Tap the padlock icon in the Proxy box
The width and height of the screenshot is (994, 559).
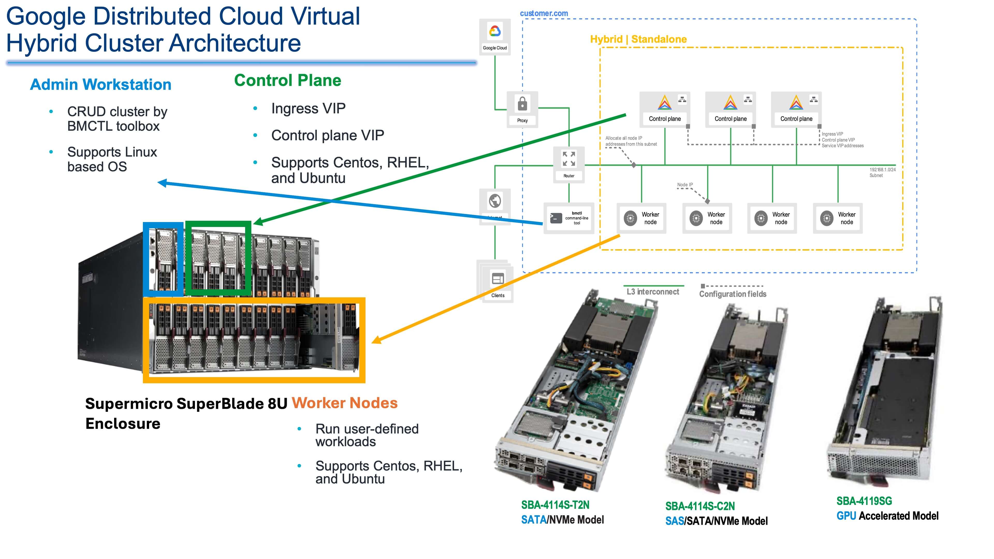point(522,104)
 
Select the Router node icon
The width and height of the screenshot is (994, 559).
point(569,159)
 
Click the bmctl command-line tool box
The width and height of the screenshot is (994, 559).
point(569,218)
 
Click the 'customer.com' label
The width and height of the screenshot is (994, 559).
point(544,13)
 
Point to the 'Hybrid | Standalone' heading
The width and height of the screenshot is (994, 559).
point(638,39)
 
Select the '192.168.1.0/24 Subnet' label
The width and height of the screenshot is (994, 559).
point(882,172)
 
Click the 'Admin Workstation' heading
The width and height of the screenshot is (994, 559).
point(101,84)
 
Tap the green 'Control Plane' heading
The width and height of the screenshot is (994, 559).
point(288,80)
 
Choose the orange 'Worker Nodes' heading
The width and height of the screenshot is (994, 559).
point(344,403)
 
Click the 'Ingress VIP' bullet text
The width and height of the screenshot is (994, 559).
point(308,108)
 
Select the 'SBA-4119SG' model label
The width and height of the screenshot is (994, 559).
point(864,501)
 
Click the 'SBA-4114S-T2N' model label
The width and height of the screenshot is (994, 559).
point(555,505)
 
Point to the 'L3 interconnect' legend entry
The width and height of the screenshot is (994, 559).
point(653,292)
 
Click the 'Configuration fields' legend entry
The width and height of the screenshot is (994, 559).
point(732,294)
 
